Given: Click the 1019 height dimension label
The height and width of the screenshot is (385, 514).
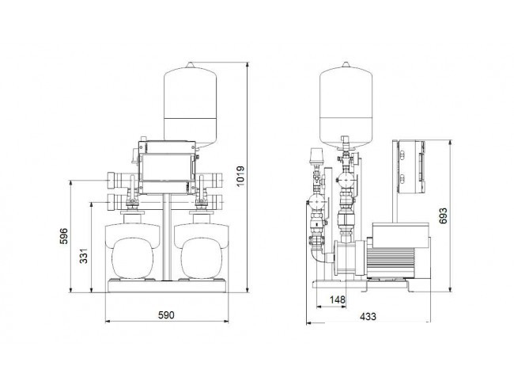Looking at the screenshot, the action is tap(240, 176).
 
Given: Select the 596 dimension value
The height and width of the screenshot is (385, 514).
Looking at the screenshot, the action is tap(63, 236).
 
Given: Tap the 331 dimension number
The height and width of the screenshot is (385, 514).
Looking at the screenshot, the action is tap(84, 256).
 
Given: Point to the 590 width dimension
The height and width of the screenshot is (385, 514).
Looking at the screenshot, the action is tap(166, 315).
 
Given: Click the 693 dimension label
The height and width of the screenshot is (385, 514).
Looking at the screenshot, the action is tap(443, 215).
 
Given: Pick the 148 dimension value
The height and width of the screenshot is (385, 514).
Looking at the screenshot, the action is tap(338, 299).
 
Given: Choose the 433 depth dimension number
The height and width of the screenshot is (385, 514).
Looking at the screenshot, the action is tap(368, 316).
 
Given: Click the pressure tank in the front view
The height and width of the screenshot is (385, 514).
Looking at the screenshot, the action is tap(190, 105).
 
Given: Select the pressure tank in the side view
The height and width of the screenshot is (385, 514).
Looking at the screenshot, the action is tap(346, 105).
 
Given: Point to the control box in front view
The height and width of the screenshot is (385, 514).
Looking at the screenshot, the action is tap(167, 167).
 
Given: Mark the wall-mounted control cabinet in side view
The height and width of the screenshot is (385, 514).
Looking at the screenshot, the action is tap(411, 166).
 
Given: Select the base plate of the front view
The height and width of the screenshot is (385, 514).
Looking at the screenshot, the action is tap(167, 286).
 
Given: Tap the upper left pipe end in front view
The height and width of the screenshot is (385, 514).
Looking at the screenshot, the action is tap(114, 181).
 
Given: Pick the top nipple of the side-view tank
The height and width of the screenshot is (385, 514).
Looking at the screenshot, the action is tap(346, 64).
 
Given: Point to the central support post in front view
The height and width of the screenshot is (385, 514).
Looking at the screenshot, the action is tap(167, 237).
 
